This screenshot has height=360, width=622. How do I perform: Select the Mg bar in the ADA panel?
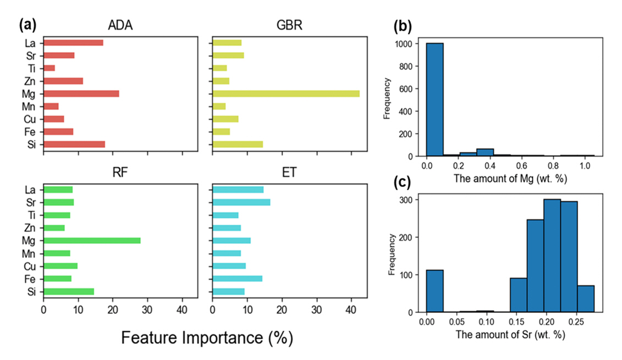[x=81, y=93]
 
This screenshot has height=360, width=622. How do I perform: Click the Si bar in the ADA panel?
[x=74, y=144]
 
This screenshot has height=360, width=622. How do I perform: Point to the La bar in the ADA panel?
[x=73, y=42]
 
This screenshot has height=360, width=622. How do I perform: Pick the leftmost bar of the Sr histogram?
[x=435, y=291]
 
